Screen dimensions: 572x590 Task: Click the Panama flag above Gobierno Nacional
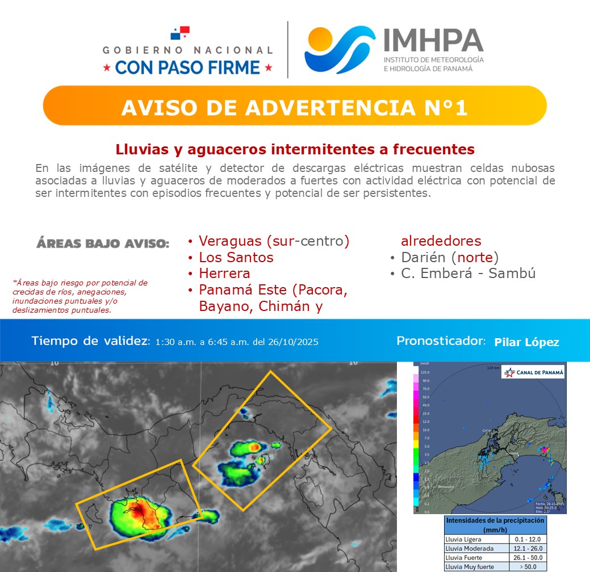tap(180, 32)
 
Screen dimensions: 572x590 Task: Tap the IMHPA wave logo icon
tap(340, 50)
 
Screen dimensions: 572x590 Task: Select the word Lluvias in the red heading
tap(139, 150)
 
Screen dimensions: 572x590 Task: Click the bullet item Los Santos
tap(236, 257)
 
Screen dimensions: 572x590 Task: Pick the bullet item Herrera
tap(224, 274)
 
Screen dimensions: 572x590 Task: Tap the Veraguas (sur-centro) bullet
tap(273, 241)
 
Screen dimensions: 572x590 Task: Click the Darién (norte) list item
tap(450, 257)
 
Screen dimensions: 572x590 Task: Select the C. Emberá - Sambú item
tap(468, 274)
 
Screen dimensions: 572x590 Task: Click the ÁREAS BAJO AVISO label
tap(103, 244)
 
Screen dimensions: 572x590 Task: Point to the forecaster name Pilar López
tap(526, 342)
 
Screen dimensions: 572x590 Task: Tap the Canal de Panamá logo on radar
tap(534, 372)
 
